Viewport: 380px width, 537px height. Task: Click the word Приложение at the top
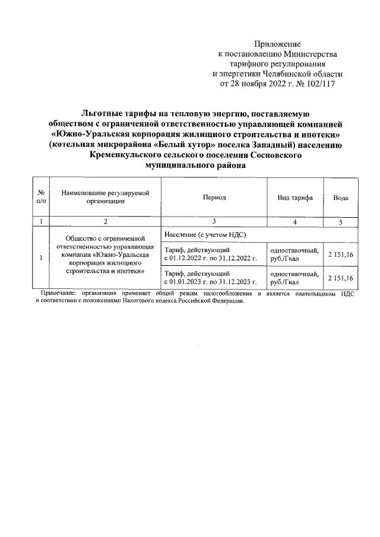click(277, 45)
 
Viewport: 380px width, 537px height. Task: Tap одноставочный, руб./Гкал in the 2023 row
click(294, 278)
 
